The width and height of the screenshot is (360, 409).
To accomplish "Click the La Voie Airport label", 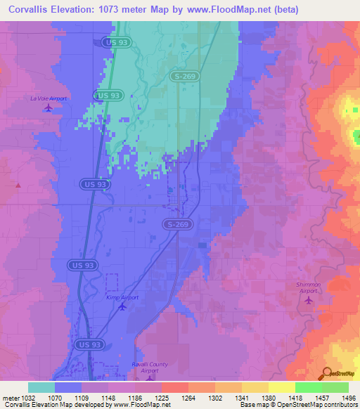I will [48, 98].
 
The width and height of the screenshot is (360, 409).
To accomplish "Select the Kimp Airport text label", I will [123, 297].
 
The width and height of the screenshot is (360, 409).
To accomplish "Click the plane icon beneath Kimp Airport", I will [123, 306].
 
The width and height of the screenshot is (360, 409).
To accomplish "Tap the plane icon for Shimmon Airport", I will [308, 300].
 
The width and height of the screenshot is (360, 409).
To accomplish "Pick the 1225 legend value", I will [161, 397].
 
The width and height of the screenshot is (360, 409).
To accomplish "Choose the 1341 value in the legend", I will [241, 397].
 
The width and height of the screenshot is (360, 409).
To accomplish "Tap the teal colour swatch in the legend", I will [41, 387].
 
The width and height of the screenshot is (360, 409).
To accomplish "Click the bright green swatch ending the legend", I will [335, 387].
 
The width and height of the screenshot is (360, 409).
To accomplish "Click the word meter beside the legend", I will [10, 397].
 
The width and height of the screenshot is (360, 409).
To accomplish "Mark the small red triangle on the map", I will [18, 186].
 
